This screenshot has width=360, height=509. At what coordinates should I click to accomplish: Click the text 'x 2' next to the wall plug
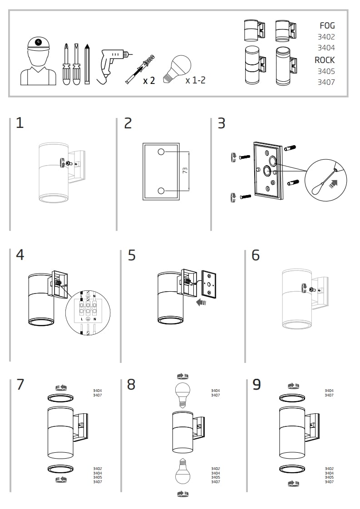tap(149, 81)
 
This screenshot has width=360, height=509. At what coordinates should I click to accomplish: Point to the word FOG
tap(327, 26)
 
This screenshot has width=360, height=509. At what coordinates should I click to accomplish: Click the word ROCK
tap(325, 60)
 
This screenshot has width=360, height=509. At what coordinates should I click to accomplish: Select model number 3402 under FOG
tap(326, 37)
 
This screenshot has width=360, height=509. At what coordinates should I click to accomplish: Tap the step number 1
tap(20, 123)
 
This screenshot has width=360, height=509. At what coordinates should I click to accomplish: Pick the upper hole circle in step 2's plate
tap(161, 152)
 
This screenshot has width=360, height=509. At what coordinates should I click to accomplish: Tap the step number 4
tap(20, 255)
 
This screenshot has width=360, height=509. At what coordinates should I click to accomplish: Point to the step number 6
tap(256, 255)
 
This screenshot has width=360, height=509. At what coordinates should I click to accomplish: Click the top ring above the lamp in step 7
tap(61, 398)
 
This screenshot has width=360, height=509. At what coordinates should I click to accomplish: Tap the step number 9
tap(256, 385)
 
